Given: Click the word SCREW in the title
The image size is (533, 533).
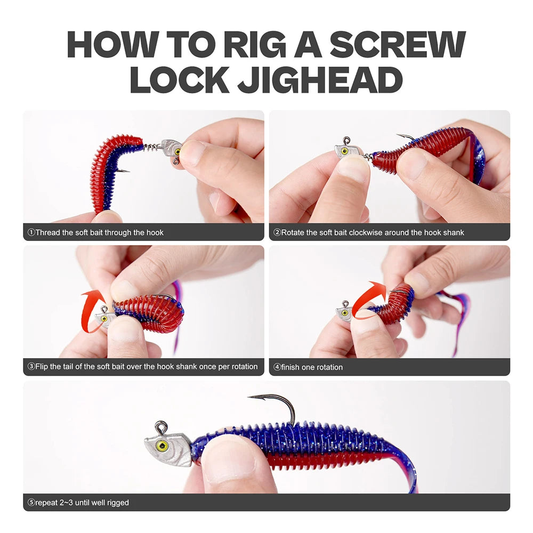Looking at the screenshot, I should pos(397,45).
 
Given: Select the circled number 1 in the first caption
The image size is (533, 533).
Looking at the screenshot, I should pos(31,232).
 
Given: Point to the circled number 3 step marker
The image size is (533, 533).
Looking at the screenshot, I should pos(31,367).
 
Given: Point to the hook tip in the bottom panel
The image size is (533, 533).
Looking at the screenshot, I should pos(249,397).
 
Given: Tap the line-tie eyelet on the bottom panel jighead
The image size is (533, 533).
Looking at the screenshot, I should pos(160,426).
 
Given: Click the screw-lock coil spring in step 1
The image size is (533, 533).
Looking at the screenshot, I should pos(152,146).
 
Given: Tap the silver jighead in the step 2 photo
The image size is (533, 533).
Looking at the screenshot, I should pos(346,150).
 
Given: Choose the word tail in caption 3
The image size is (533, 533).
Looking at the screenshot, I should pos(74,367).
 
